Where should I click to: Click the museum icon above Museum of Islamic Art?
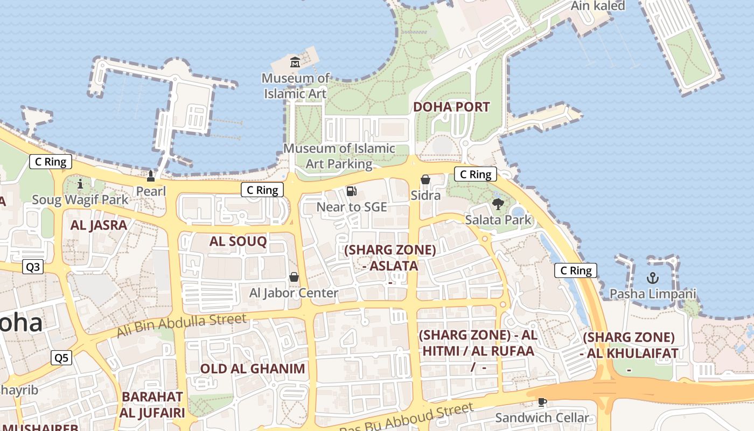(x=295, y=62)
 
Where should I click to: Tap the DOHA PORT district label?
(x=451, y=107)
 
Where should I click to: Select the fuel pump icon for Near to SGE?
(x=352, y=191)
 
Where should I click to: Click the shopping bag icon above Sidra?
(x=425, y=179)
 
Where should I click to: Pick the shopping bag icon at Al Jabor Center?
(x=294, y=277)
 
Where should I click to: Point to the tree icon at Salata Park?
(x=498, y=204)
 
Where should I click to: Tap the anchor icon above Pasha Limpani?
(x=653, y=278)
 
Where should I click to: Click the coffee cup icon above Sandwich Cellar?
(x=542, y=402)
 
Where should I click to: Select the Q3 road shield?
(x=33, y=267)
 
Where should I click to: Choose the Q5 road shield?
(x=61, y=358)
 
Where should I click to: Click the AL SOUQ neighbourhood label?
(x=238, y=241)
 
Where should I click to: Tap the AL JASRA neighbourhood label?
(x=99, y=225)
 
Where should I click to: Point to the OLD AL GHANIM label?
(x=253, y=369)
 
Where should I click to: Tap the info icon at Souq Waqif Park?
(x=80, y=184)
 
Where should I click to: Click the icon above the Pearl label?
(x=151, y=176)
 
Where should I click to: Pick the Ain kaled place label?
(x=598, y=6)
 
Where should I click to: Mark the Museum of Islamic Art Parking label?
(x=339, y=156)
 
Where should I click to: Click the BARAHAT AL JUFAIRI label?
(x=153, y=405)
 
